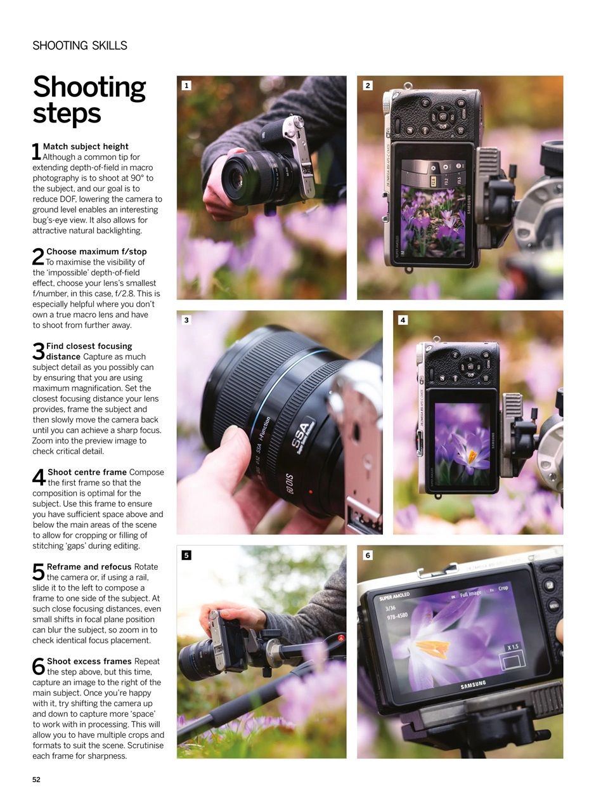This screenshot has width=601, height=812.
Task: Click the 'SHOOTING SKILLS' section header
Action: [80, 46]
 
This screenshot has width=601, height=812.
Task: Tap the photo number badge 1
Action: [186, 86]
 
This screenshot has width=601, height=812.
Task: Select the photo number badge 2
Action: [368, 86]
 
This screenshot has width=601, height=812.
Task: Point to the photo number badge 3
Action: [186, 320]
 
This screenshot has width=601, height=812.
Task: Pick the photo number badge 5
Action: [186, 555]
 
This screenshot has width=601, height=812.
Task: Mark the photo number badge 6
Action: [368, 555]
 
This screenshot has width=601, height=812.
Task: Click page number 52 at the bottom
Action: [36, 780]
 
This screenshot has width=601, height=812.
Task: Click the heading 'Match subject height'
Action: [86, 147]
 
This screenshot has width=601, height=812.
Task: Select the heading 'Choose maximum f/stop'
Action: [96, 252]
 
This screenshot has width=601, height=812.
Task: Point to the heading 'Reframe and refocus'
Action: [89, 566]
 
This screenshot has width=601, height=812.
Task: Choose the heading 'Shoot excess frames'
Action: [89, 661]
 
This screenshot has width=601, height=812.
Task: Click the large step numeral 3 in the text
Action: [38, 351]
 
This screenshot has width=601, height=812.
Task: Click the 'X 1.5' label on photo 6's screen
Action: [512, 647]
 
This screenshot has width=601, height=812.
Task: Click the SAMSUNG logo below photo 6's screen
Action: [473, 685]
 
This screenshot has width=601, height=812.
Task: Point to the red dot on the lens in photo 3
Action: [310, 492]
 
